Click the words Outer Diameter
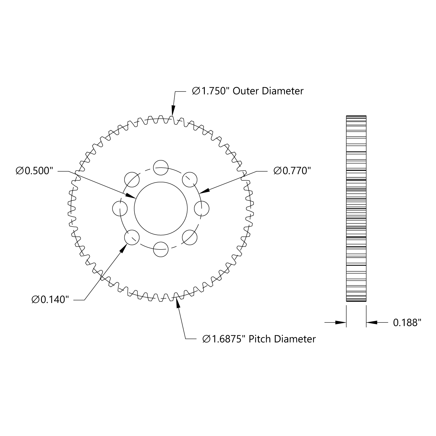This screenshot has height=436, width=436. (268, 91)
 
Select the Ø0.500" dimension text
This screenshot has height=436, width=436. (34, 171)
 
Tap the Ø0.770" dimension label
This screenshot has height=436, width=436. (290, 171)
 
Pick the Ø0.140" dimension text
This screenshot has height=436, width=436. (50, 300)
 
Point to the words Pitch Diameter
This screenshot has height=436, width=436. (282, 339)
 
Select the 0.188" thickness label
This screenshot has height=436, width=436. (407, 322)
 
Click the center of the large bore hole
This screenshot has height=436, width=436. (161, 209)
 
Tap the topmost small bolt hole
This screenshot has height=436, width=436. (161, 168)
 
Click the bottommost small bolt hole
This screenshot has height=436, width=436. (161, 250)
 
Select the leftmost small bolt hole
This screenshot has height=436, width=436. (120, 209)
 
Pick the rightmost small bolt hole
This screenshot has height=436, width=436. (202, 209)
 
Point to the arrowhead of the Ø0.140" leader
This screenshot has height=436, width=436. (125, 248)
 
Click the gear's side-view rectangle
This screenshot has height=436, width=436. (356, 209)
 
